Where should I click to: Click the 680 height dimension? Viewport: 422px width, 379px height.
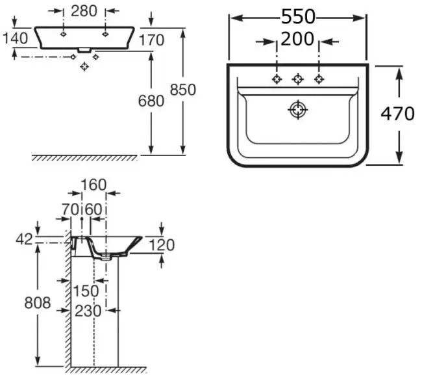151,101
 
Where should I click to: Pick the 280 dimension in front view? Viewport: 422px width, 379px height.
84,11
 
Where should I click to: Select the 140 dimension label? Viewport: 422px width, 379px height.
15,38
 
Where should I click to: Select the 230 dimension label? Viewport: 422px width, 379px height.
88,311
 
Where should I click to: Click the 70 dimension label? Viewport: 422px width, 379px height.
71,209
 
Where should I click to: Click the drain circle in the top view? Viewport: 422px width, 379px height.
298,110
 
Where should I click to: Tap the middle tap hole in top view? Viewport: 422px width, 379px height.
298,79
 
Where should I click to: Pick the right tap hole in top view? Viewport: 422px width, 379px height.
319,79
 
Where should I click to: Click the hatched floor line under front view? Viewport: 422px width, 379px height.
84,158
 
